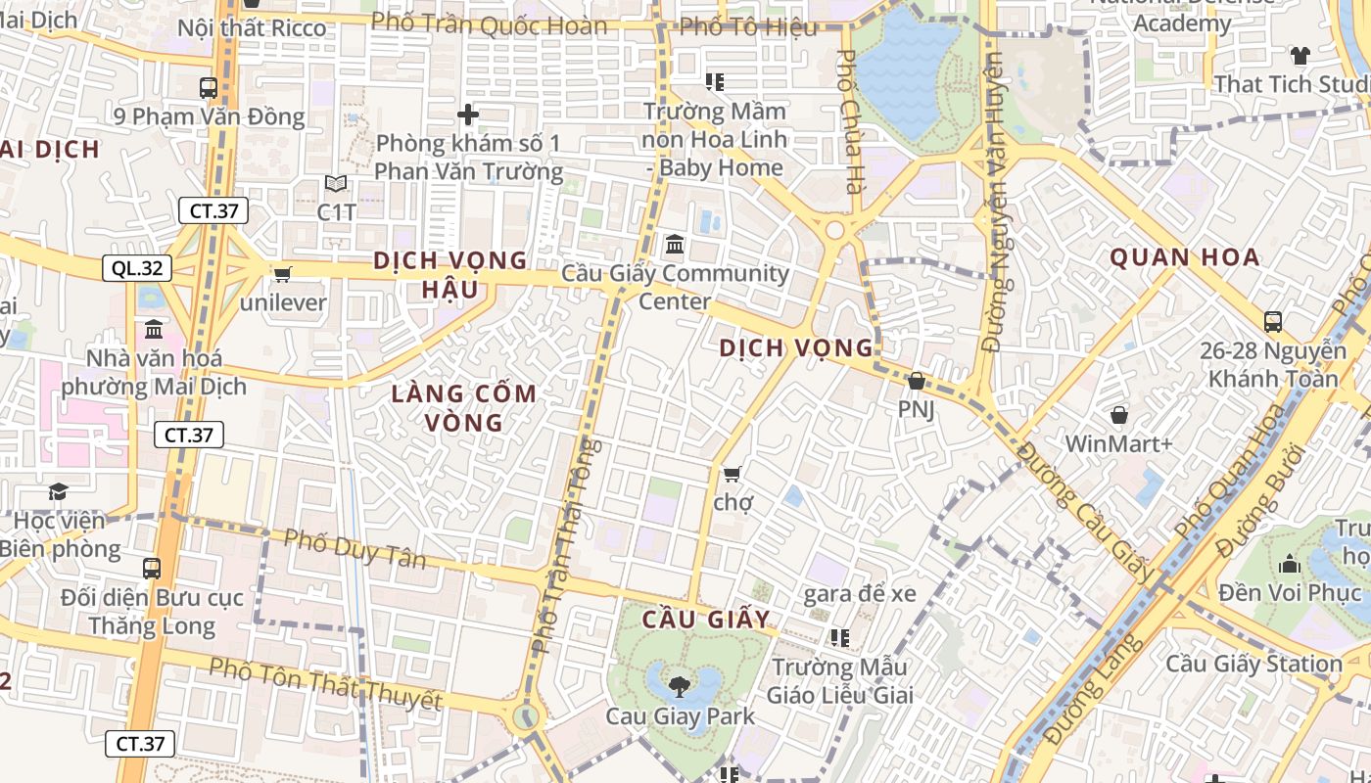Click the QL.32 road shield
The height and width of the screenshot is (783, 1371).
(137, 268)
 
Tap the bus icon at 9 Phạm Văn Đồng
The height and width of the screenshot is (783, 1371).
(209, 87)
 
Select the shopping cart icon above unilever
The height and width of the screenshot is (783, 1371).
(283, 275)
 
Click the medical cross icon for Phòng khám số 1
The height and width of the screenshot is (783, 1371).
(468, 115)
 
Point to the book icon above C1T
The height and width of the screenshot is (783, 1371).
(335, 183)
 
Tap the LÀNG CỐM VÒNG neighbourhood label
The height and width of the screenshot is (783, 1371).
(463, 408)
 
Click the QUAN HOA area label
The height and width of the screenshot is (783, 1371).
(1184, 258)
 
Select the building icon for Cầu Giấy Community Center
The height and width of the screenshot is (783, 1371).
(675, 244)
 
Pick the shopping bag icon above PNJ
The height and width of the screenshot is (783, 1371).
(917, 381)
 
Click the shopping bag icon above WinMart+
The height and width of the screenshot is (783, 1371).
(1119, 415)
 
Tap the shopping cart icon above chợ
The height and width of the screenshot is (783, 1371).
(732, 475)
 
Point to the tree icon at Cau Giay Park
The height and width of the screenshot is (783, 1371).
(680, 686)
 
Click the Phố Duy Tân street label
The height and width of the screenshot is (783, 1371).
(355, 548)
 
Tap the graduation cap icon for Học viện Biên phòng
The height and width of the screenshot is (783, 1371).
(59, 491)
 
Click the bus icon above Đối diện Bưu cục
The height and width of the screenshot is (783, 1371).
(152, 568)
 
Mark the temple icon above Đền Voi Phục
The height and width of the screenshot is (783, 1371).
(1290, 564)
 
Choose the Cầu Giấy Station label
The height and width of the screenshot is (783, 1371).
(1253, 664)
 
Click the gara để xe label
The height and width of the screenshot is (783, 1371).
(859, 593)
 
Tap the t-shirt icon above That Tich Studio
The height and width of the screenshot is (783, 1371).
(1300, 55)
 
